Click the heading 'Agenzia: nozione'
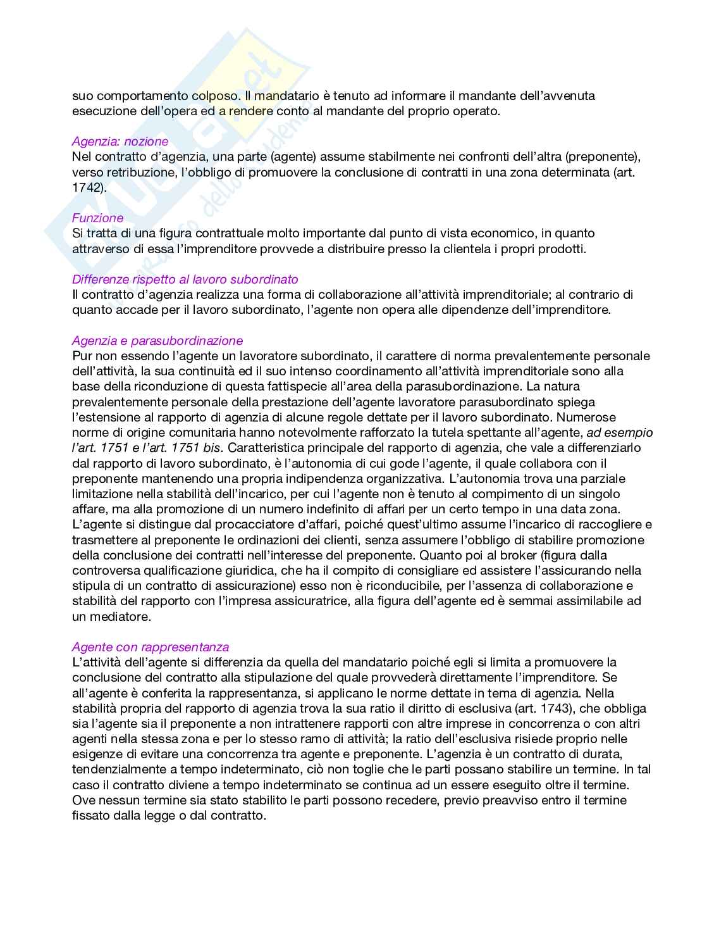coord(120,141)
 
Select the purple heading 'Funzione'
coord(97,218)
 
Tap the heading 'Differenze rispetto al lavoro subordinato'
coord(185,279)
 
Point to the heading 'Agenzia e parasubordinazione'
coord(157,341)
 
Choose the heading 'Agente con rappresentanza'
coord(151,647)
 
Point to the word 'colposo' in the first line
coord(215,96)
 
